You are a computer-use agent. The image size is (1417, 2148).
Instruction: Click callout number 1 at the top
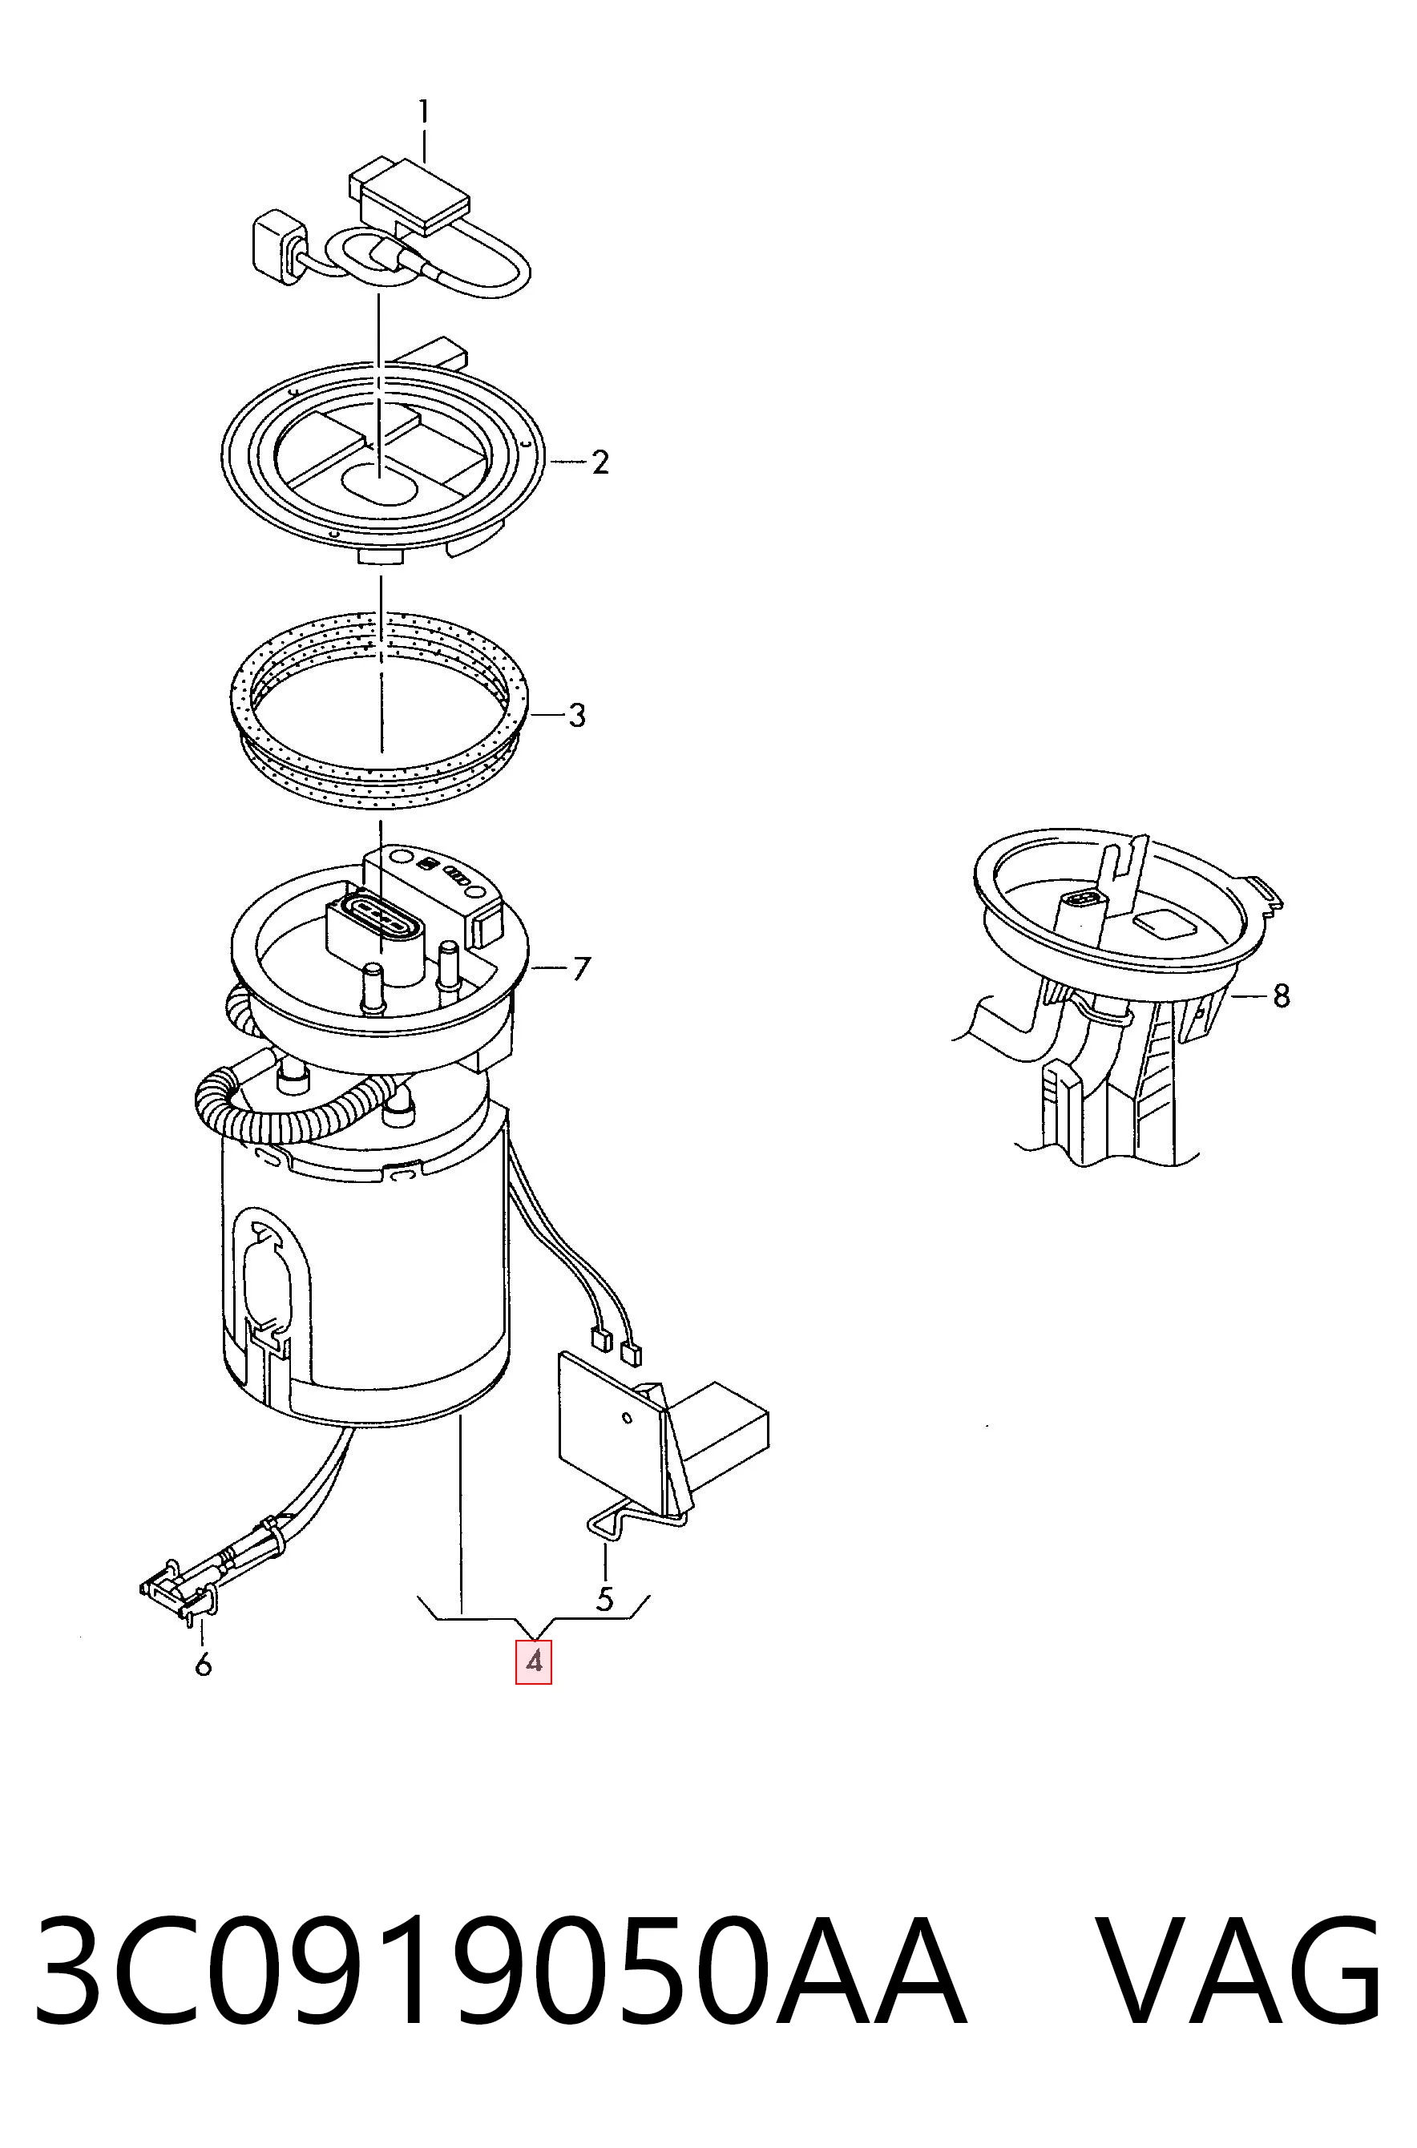pyautogui.click(x=424, y=114)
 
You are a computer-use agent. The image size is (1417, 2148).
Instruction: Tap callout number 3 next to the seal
pyautogui.click(x=576, y=716)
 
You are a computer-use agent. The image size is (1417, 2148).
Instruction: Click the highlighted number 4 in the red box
pyautogui.click(x=533, y=1661)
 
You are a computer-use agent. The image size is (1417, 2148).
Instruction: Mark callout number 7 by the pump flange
pyautogui.click(x=581, y=969)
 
